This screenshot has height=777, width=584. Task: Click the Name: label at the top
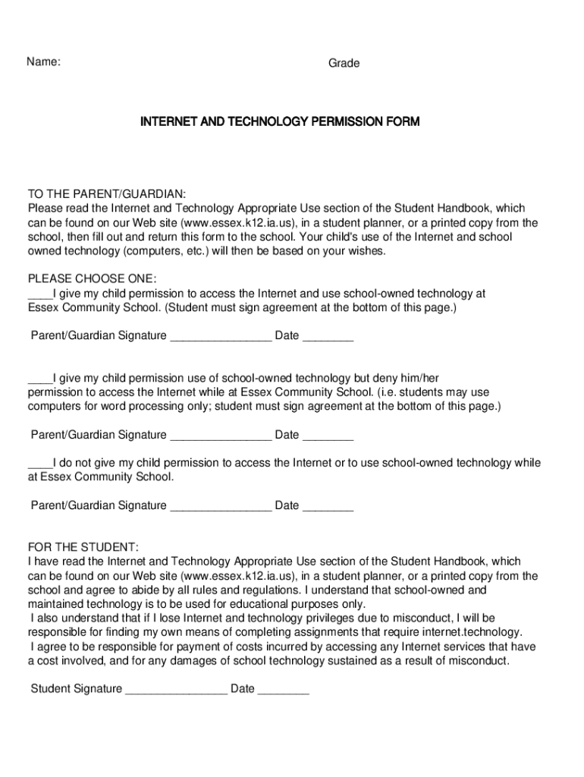coord(44,62)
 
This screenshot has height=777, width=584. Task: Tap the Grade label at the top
coord(344,64)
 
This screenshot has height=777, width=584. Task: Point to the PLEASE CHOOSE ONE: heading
coord(92,278)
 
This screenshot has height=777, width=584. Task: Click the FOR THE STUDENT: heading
coord(83,547)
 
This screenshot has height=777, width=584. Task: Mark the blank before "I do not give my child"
coord(39,463)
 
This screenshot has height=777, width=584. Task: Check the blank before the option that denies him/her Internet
coord(39,378)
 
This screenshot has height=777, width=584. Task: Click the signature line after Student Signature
coord(176,689)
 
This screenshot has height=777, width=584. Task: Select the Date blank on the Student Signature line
coord(284,689)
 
